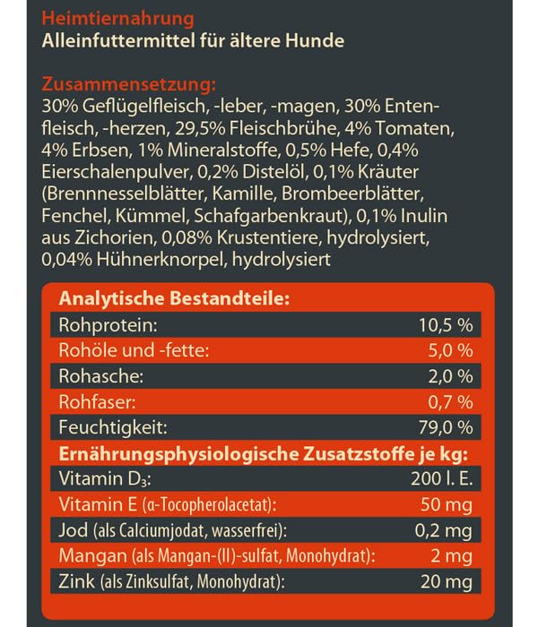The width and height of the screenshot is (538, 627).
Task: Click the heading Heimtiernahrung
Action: [x=109, y=19]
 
